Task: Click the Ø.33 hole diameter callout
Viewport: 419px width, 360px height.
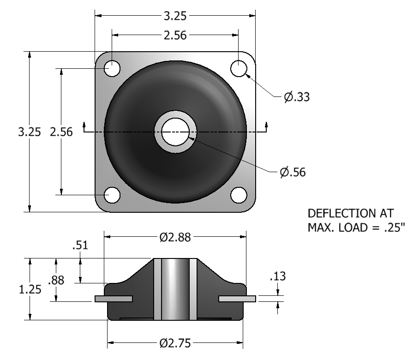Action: tap(297, 97)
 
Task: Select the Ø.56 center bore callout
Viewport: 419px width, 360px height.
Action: tap(293, 172)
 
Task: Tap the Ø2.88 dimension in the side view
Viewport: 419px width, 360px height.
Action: tap(175, 237)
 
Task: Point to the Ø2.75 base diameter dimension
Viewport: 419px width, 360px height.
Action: tap(175, 343)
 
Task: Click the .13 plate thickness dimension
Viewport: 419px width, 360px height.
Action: tap(278, 276)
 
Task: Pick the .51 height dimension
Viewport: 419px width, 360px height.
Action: tap(80, 245)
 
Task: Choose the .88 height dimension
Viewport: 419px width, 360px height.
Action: tap(56, 280)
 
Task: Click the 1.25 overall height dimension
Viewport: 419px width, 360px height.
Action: tap(30, 289)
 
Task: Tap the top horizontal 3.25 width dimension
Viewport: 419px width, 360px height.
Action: tap(175, 16)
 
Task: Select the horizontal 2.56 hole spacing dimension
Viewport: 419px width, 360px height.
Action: tap(175, 35)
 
